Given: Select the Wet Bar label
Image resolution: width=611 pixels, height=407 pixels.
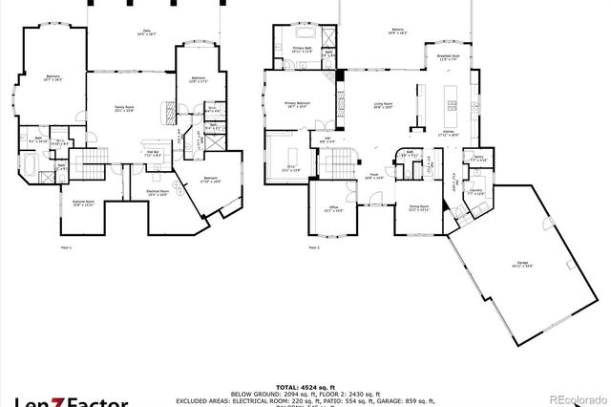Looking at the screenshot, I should click(151, 151).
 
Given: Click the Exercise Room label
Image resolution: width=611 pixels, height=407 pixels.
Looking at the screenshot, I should click(84, 203).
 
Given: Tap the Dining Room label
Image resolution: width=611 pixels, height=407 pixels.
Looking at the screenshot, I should click(417, 207).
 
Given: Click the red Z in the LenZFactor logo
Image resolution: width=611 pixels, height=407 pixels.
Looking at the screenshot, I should click(70, 396).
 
